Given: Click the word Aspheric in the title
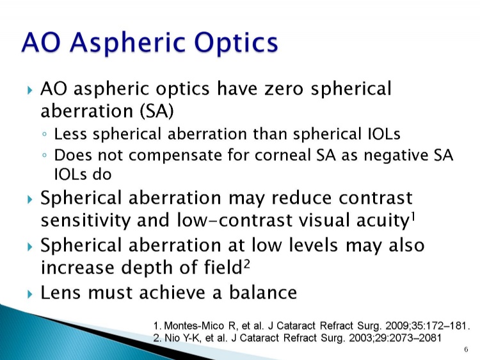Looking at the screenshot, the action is coord(127,43).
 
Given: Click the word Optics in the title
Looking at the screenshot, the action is coord(236,42).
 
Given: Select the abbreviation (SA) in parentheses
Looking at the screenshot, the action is coord(157,111).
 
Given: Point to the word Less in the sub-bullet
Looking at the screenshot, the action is coord(70,134).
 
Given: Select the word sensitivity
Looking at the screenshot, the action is coord(85,220).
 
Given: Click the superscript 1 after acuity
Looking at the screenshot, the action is coord(413,217).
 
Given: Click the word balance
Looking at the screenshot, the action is coord(263,292).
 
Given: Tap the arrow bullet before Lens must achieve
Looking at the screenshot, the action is coord(29,295).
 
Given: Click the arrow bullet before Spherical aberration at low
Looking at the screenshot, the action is coord(29,247).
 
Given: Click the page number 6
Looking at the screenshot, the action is coord(466,349).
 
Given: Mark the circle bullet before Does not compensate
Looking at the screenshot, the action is coord(45,155).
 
